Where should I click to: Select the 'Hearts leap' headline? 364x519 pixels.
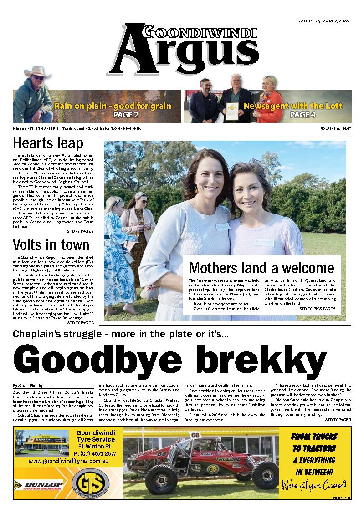[x=48, y=143]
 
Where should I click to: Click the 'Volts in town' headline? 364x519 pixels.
[x=51, y=244]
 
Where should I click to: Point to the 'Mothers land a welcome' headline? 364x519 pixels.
[x=261, y=267]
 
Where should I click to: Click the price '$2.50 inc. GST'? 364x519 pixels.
[x=336, y=129]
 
